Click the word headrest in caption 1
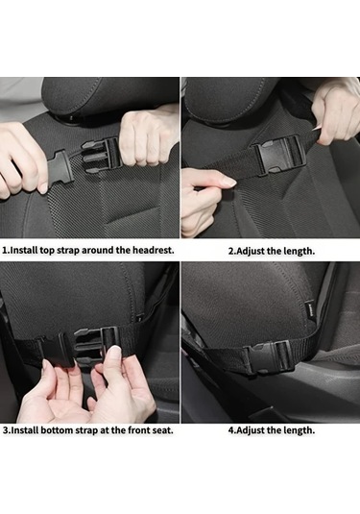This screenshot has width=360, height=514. [153, 250]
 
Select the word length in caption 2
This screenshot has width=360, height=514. [299, 251]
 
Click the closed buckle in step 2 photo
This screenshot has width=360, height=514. [279, 155]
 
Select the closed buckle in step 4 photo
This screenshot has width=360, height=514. [271, 357]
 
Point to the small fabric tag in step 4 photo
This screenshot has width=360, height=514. [310, 308]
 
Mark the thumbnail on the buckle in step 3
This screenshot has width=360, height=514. [114, 354]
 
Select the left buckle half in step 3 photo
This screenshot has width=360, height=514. [57, 350]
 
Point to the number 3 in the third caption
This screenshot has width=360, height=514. [6, 430]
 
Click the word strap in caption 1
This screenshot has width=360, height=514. [68, 251]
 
